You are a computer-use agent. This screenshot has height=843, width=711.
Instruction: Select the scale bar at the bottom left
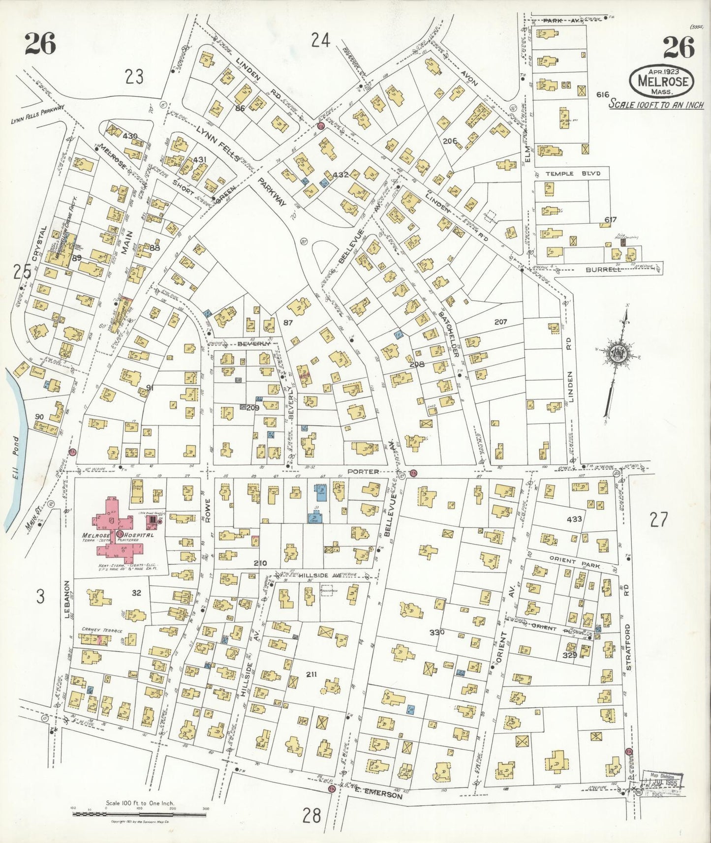[x=140, y=813]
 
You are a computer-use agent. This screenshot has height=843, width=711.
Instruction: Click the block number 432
[x=340, y=175]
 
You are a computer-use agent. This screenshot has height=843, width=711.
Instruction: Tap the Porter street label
[x=363, y=471]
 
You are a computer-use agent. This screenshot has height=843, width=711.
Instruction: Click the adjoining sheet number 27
[x=659, y=519]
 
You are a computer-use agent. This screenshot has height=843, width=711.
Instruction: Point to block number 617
[x=610, y=219]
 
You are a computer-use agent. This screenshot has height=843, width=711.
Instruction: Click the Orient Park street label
[x=574, y=566]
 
